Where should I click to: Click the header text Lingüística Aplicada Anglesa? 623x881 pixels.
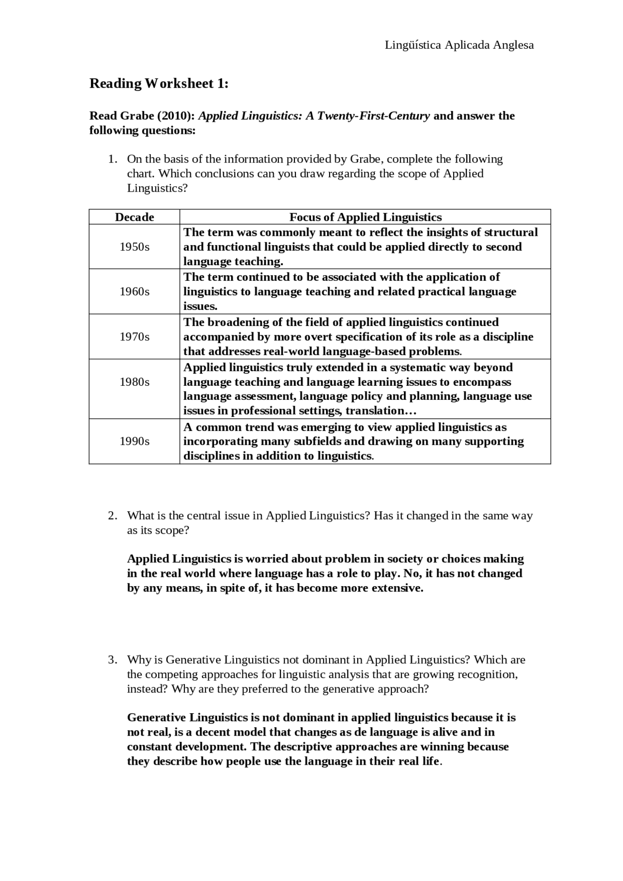[459, 45]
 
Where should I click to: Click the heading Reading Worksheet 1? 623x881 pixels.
[159, 84]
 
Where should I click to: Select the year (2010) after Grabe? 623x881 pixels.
[176, 116]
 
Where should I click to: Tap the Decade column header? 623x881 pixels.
[134, 217]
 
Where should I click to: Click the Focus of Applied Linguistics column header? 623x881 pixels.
[365, 217]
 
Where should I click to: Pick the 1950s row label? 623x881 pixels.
[134, 247]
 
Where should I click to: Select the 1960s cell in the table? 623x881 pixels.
[134, 291]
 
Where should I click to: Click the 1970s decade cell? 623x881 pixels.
[134, 337]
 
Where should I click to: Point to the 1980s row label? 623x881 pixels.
[134, 382]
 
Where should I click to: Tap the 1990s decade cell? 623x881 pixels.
[134, 441]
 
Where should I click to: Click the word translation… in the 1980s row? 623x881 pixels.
[381, 411]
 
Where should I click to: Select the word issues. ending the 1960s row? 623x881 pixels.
[200, 306]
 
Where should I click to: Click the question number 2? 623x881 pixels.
[112, 515]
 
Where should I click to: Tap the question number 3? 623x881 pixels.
[112, 660]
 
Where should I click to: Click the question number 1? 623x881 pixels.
[112, 159]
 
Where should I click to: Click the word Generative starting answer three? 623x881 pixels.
[156, 718]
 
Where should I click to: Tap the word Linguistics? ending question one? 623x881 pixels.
[157, 188]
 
